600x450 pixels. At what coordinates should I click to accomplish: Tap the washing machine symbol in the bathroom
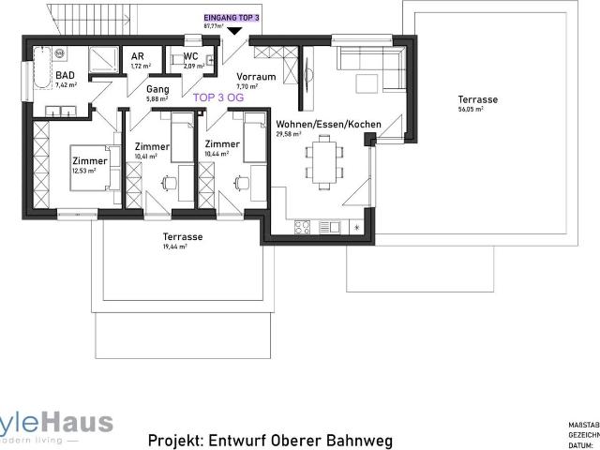click(60, 53)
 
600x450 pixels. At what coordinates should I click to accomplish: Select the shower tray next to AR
click(100, 62)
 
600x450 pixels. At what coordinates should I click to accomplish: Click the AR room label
click(137, 56)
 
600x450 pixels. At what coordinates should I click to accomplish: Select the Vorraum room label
click(255, 76)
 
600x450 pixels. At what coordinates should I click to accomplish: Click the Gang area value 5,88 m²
click(157, 98)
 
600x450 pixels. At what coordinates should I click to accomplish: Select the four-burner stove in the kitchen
click(304, 227)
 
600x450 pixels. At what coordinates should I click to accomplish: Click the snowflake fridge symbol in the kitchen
click(357, 227)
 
